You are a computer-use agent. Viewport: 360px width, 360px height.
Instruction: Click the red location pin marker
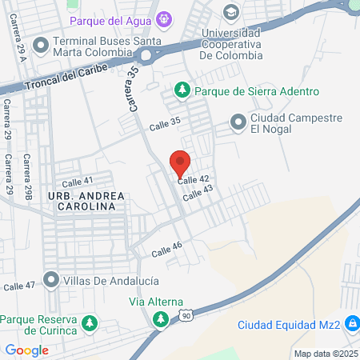[180, 162]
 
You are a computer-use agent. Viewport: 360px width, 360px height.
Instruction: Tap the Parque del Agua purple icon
[165, 18]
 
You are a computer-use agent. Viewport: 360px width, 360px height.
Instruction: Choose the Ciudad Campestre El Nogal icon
[238, 122]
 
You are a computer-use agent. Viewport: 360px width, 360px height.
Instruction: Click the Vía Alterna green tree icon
[161, 319]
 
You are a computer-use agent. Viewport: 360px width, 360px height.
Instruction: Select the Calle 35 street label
[165, 126]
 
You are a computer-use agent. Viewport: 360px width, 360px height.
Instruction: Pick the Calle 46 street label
[167, 250]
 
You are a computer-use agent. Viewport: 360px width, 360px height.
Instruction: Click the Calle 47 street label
[19, 285]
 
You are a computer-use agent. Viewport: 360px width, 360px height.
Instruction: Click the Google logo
[26, 350]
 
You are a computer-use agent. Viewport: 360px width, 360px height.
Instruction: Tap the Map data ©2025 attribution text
[325, 354]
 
